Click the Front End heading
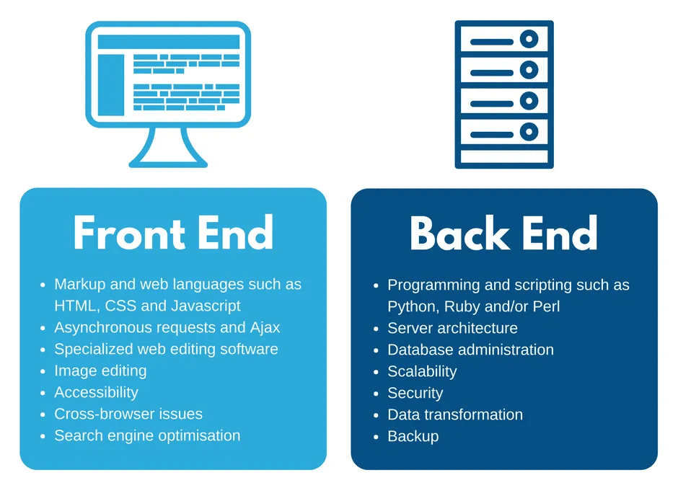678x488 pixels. point(173,233)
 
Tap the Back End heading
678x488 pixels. point(503,233)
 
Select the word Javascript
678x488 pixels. point(206,306)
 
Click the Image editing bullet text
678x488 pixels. point(100,371)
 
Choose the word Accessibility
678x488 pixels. point(96,392)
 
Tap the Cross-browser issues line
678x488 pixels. point(128,414)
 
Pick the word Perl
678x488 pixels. point(545,306)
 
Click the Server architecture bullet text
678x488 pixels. point(452,328)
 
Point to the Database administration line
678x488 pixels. point(470,350)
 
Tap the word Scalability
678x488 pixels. point(422,371)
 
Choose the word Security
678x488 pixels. point(415,393)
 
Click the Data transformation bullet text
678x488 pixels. point(455,414)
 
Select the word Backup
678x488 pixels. point(413,436)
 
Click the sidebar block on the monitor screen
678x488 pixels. point(111,84)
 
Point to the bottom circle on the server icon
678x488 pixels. point(529,132)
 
